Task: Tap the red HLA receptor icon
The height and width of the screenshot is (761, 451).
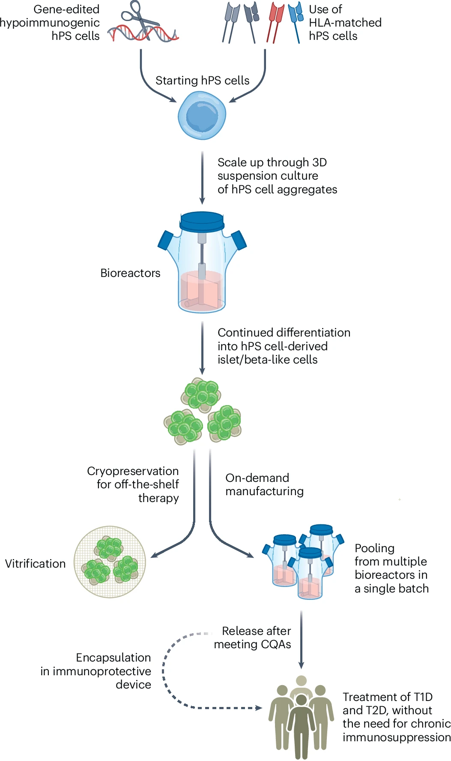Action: [275, 21]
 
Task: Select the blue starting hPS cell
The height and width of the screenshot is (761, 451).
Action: [202, 116]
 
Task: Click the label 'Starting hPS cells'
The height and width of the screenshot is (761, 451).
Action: [202, 81]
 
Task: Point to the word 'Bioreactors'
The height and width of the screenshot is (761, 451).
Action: [130, 273]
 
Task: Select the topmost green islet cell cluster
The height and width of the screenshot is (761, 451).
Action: [201, 394]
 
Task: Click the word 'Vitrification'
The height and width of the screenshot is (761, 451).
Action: [35, 564]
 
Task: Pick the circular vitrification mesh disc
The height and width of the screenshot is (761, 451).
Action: [110, 562]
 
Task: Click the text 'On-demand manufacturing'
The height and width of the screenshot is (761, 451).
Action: [264, 484]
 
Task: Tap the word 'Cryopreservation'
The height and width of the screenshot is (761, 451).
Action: [133, 471]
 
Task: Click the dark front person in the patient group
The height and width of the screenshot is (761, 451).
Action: [302, 725]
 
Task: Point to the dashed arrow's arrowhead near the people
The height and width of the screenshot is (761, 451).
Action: [259, 708]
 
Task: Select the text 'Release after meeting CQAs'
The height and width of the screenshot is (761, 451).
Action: [253, 638]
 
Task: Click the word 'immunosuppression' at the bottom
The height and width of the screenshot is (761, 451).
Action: [396, 737]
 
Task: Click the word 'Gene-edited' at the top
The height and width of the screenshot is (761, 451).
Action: [66, 9]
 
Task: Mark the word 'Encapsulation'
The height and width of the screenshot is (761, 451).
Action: [113, 658]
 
